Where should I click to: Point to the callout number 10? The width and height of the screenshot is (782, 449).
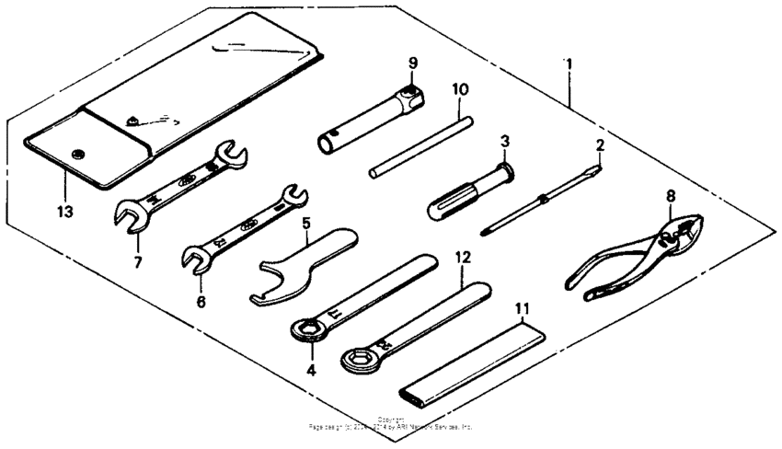point(460,89)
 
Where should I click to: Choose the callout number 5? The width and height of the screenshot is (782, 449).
point(305,223)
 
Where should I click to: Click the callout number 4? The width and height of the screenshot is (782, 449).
point(311,371)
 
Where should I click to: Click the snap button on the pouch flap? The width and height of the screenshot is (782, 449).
point(75,154)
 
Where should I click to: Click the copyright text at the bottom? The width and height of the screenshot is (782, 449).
point(391,425)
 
